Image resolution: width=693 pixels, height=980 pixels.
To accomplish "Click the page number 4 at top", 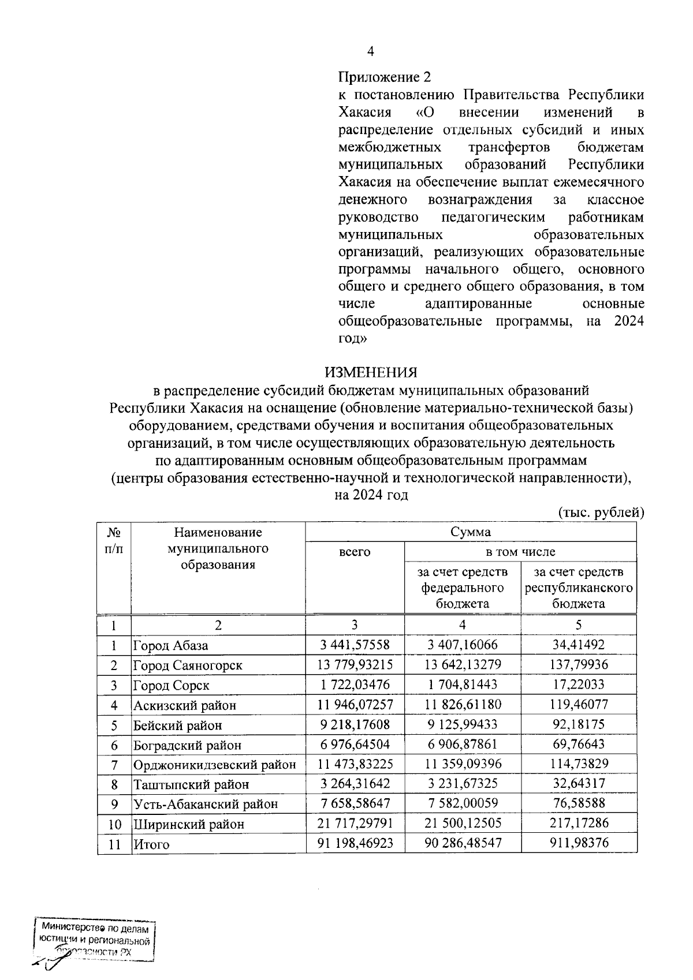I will point(371,52).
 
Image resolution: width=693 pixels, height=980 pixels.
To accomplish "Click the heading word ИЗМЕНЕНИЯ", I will point(371,372).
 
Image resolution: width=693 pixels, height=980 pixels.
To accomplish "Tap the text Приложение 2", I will point(385,77).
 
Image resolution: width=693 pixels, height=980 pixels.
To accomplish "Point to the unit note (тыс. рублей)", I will point(601,512).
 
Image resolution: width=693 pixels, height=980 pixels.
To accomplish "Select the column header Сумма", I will point(471,532).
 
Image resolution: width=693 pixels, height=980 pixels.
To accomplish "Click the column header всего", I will point(355,552).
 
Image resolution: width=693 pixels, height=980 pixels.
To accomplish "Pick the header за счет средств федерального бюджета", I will point(463,588).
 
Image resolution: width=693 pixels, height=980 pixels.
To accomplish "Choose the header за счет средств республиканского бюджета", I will point(579,588).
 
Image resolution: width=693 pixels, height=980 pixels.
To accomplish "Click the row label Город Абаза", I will point(170,645).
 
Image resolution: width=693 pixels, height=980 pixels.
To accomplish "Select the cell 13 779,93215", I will point(355,665).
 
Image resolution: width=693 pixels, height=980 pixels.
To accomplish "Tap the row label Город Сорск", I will point(171,686).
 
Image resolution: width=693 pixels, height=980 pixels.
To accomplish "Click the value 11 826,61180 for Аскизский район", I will point(463,705).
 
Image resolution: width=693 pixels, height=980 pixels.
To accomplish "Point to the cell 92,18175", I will point(579,725).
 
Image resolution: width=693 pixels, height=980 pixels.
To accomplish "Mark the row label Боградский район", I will point(187,745).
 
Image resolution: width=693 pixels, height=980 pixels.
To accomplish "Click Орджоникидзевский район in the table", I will point(214,765).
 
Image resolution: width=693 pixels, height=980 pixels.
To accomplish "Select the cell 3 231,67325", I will point(463,784).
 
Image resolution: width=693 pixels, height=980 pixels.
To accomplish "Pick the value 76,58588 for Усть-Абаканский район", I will point(579,803).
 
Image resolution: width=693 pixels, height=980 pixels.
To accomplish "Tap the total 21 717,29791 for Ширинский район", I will point(355,824).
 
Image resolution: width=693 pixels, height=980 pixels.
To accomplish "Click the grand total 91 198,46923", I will point(355,843).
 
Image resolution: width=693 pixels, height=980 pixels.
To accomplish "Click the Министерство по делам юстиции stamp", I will point(95,941).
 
